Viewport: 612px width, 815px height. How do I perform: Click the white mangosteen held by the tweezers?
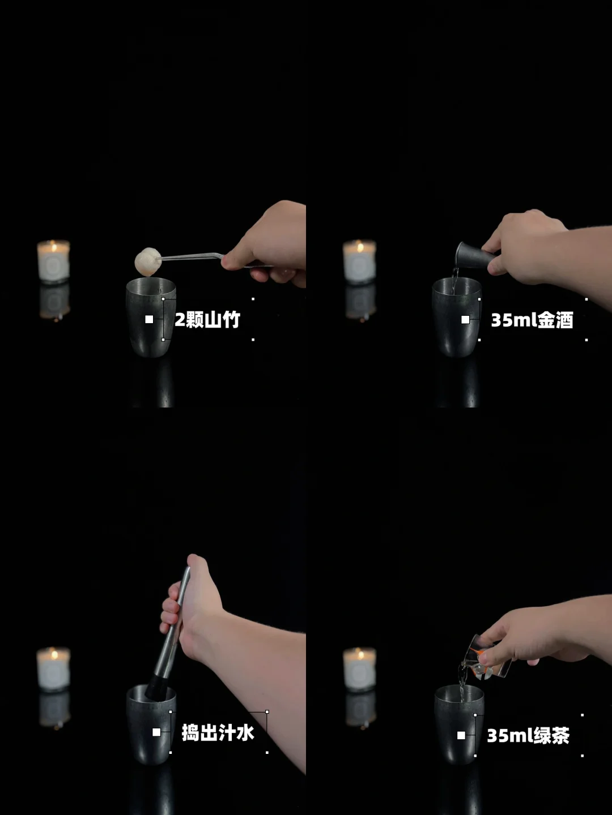148,262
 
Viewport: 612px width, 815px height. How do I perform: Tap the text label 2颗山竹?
207,320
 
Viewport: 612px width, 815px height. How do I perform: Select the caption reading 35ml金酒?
532,320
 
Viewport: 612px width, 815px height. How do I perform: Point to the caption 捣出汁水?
218,732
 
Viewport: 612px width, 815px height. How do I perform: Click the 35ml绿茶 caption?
528,736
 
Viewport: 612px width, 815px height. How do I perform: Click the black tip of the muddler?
155,687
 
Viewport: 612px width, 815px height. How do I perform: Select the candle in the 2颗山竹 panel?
54,261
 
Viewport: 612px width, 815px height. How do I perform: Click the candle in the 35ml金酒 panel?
359,261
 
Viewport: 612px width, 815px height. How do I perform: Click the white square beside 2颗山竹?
149,319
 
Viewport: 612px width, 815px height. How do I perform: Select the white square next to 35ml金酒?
465,320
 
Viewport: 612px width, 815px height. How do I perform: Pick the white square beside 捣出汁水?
156,732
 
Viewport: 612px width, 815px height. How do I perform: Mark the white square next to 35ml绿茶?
461,735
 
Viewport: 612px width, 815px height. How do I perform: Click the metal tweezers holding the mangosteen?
208,258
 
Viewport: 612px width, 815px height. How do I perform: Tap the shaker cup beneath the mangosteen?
151,317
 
